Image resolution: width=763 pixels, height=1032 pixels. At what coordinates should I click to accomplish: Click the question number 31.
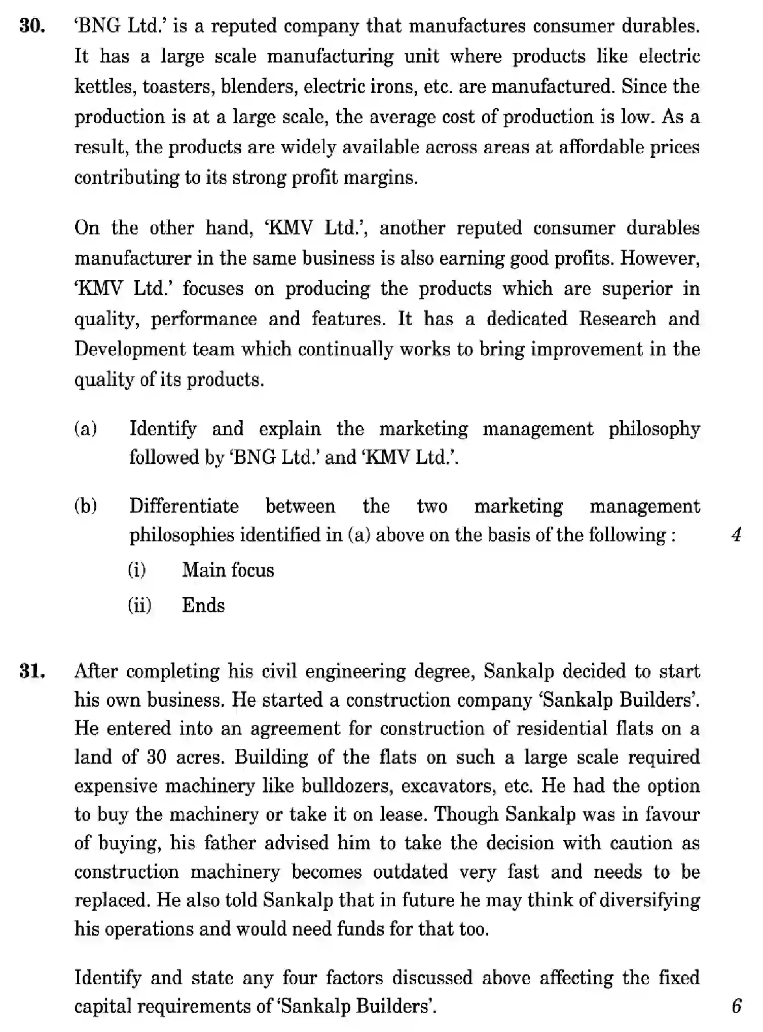[x=32, y=671]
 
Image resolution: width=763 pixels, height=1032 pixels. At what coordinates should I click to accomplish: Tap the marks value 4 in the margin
[x=737, y=534]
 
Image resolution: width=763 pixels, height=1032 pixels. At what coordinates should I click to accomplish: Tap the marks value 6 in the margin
[x=737, y=1006]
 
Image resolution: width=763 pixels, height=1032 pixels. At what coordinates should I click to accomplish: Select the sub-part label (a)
[x=86, y=429]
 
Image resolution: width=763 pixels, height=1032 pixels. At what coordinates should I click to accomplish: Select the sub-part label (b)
[x=86, y=506]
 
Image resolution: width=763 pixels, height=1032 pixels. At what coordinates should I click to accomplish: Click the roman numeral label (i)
[x=137, y=570]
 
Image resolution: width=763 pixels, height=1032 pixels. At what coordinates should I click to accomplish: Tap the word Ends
[x=203, y=605]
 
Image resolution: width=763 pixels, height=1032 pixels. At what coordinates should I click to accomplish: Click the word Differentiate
[x=184, y=506]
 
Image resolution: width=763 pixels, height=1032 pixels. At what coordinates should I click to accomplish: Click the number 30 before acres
[x=157, y=757]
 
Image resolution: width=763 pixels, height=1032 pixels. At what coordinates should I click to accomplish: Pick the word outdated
[x=411, y=872]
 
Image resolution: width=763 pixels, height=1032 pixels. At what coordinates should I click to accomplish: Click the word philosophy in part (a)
[x=654, y=429]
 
